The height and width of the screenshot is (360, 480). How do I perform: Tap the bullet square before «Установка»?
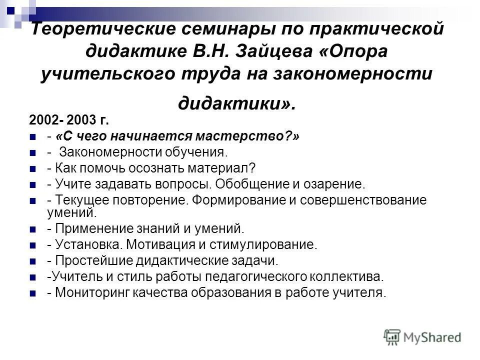coord(33,245)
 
